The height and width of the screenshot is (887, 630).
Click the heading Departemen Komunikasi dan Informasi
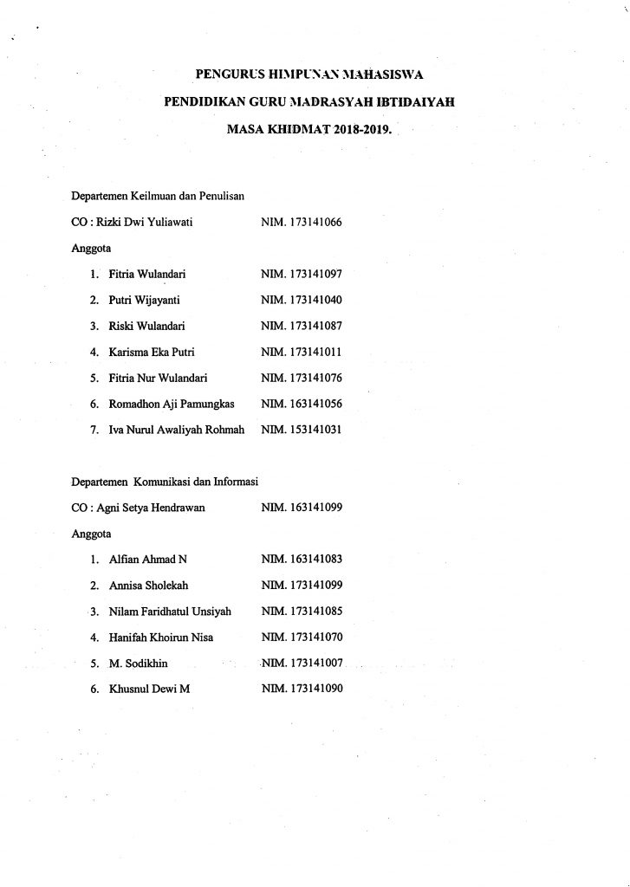click(167, 482)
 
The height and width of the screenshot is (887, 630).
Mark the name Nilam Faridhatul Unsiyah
click(170, 612)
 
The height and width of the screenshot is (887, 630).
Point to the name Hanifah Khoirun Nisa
click(161, 638)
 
